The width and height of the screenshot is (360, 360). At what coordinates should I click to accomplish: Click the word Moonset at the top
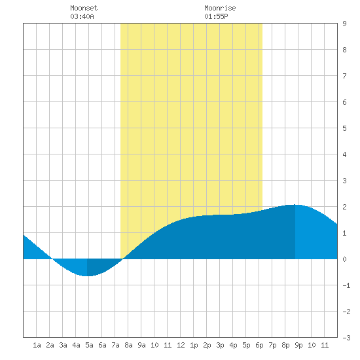(x=84, y=8)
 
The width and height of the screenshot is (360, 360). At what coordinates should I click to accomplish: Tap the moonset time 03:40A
(x=82, y=16)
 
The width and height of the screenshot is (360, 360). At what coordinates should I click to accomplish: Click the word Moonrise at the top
(x=220, y=8)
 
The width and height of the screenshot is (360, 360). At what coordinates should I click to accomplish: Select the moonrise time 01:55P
(x=216, y=16)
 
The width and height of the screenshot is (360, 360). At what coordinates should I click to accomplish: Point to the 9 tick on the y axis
(x=344, y=24)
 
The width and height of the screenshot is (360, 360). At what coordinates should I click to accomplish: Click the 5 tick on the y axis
(x=344, y=128)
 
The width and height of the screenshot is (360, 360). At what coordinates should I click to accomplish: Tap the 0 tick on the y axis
(x=344, y=259)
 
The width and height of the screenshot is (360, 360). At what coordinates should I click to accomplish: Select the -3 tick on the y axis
(x=346, y=338)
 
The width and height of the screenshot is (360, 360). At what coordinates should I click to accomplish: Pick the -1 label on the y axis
(x=346, y=285)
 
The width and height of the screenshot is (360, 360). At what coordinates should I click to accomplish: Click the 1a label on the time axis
(x=37, y=345)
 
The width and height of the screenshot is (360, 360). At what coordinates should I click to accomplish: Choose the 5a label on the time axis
(x=89, y=345)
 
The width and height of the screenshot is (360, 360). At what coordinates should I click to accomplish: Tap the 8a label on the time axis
(x=128, y=345)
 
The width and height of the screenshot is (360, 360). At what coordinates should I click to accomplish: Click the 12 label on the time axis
(x=181, y=345)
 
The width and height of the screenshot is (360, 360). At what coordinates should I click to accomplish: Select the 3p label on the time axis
(x=220, y=345)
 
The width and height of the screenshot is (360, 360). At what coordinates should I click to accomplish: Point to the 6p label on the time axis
(x=259, y=345)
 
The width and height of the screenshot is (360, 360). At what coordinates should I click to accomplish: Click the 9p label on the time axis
(x=298, y=345)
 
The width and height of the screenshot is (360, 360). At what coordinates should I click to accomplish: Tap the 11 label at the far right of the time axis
(x=325, y=345)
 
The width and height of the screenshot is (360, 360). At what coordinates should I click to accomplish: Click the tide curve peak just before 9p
(x=295, y=205)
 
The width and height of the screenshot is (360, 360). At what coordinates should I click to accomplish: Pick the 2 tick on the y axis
(x=344, y=207)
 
